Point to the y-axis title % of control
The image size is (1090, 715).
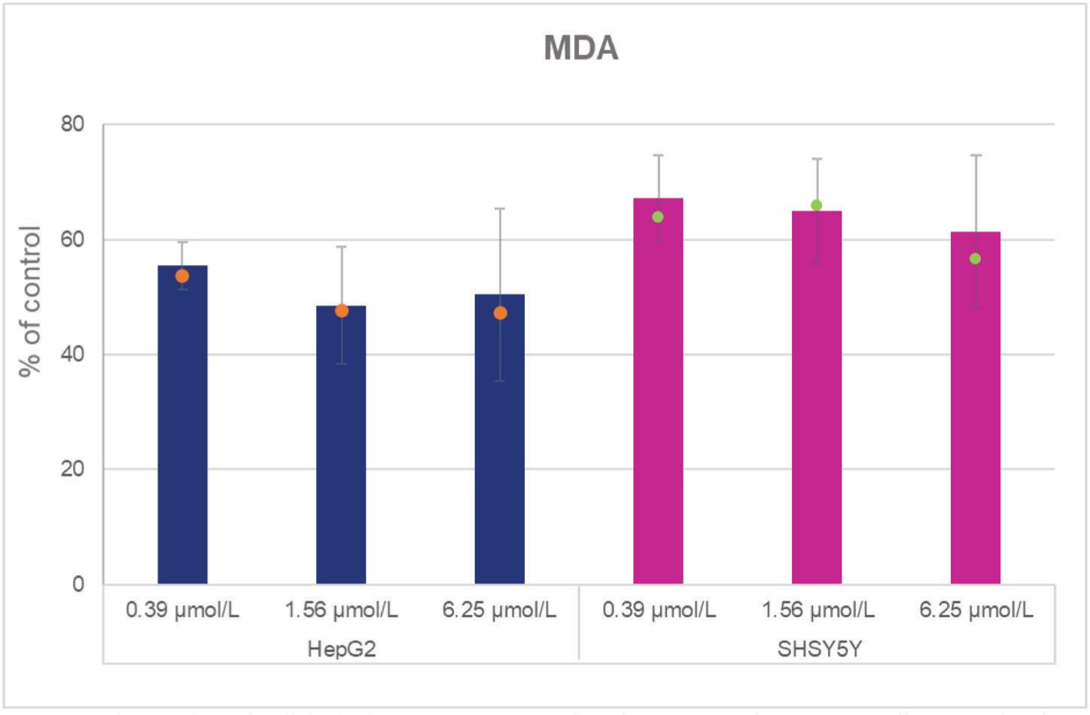click(x=31, y=301)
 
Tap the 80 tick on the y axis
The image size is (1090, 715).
click(x=73, y=124)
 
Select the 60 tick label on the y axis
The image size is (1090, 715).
click(x=73, y=239)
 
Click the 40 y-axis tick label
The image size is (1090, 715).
click(x=73, y=354)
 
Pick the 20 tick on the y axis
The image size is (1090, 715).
click(x=73, y=469)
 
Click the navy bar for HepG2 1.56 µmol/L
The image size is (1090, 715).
click(x=341, y=452)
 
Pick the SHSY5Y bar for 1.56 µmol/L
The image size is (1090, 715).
click(x=817, y=406)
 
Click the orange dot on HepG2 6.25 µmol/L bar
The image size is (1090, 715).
click(x=500, y=313)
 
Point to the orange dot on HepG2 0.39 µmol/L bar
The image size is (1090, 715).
click(x=182, y=276)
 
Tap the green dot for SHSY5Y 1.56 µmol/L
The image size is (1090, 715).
click(x=817, y=205)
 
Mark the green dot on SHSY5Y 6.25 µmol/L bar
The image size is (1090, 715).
click(x=976, y=259)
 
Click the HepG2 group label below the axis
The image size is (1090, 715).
click(x=341, y=649)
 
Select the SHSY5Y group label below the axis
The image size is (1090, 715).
click(x=819, y=649)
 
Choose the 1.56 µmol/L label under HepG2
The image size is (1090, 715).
click(x=341, y=610)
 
